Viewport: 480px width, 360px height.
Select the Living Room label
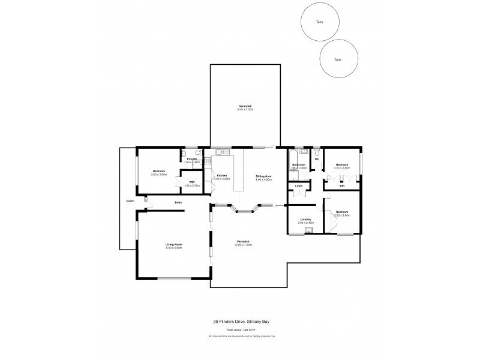coord(174,244)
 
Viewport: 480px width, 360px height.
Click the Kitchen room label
coord(222,175)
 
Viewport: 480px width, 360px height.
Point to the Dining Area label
coord(263,176)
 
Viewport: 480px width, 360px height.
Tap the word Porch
coord(130,201)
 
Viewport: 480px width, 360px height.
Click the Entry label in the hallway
coord(178,203)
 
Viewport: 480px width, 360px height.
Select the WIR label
coord(191,182)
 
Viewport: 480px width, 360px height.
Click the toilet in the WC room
coord(315,153)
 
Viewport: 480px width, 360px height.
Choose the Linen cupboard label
coord(298,187)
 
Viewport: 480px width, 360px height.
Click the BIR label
coord(342,187)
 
